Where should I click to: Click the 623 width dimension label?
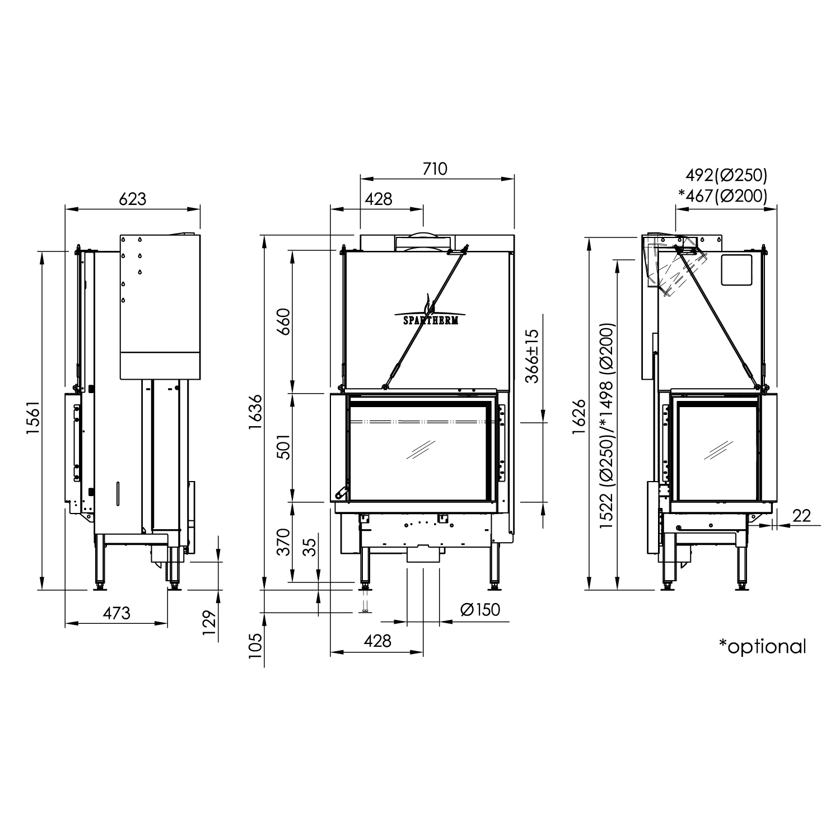click(133, 199)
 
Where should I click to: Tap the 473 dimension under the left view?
click(116, 613)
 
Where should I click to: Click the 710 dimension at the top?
click(436, 169)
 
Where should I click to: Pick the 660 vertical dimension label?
click(284, 321)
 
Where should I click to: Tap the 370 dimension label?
click(284, 542)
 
